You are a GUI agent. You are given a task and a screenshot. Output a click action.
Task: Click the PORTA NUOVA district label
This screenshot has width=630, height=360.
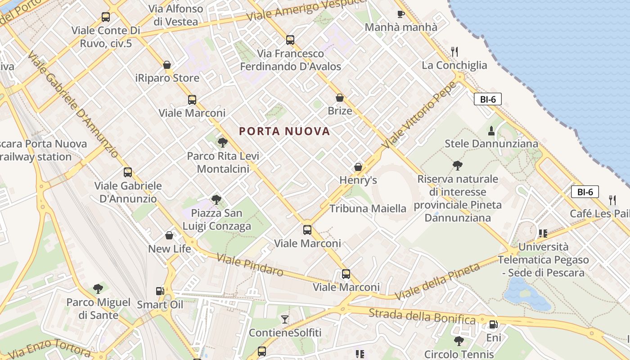(x=284, y=131)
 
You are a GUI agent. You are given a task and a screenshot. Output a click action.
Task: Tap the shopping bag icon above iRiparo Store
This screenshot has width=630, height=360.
(x=167, y=65)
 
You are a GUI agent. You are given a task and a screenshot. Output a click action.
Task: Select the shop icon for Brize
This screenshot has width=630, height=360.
(x=340, y=98)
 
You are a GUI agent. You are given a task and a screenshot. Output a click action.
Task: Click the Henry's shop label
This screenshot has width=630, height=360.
(x=358, y=180)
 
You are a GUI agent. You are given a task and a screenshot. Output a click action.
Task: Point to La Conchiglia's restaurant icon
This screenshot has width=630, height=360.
(x=454, y=52)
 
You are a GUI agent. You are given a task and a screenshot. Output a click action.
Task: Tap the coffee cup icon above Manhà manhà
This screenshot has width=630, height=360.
(x=400, y=14)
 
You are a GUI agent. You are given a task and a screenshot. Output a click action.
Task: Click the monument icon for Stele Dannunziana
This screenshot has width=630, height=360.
(x=491, y=131)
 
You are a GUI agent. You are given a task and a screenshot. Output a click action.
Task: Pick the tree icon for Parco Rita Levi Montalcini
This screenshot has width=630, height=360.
(x=222, y=143)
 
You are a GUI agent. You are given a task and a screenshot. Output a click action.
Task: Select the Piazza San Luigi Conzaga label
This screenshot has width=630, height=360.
(x=217, y=220)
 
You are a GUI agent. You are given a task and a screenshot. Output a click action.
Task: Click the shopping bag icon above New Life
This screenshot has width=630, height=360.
(x=169, y=235)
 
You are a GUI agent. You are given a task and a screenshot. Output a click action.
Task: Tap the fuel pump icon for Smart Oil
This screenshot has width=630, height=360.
(x=160, y=291)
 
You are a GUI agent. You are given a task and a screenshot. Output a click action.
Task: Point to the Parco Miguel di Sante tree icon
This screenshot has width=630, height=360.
(x=98, y=289)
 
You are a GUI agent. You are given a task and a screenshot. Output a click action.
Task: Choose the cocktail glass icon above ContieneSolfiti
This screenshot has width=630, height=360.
(x=285, y=319)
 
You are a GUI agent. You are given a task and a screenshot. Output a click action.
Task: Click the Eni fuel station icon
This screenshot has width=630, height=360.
(x=493, y=324)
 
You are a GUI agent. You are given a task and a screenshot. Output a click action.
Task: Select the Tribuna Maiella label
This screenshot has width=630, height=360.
(x=368, y=209)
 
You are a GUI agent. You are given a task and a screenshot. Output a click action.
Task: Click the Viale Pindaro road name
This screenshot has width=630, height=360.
(x=250, y=265)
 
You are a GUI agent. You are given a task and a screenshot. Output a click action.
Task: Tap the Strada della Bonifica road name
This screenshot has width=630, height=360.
(x=422, y=316)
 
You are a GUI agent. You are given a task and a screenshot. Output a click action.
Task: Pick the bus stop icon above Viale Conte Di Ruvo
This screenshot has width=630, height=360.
(x=106, y=17)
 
